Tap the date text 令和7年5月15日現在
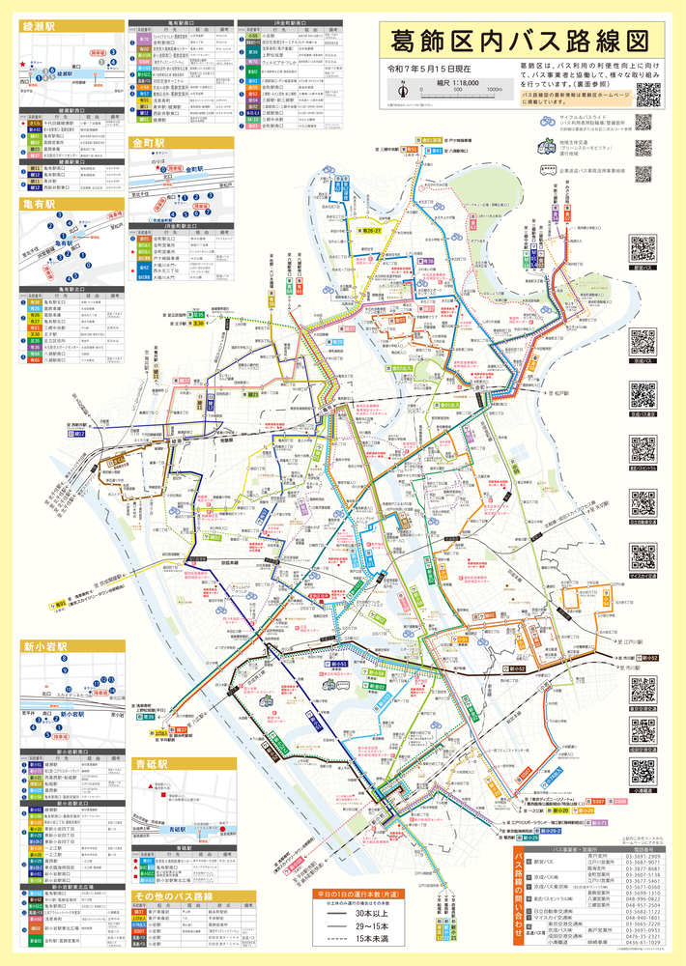pyautogui.click(x=429, y=69)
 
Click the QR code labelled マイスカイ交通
pyautogui.click(x=643, y=556)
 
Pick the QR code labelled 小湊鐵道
pyautogui.click(x=643, y=770)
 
